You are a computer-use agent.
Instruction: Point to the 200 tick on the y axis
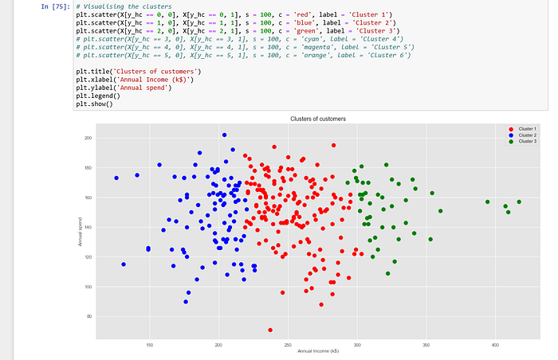(x=88, y=139)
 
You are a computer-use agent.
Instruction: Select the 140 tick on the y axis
(x=88, y=228)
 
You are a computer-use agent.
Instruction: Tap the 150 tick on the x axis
(x=149, y=345)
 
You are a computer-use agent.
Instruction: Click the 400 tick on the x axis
(x=495, y=345)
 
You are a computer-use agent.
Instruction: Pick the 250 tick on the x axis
(x=288, y=345)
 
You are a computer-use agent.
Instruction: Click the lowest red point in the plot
(x=270, y=330)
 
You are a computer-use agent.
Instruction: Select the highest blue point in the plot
(x=224, y=135)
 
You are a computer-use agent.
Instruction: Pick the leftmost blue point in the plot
(x=116, y=178)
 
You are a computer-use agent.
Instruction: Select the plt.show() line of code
(x=94, y=104)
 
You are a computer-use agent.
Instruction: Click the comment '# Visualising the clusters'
(x=124, y=6)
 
